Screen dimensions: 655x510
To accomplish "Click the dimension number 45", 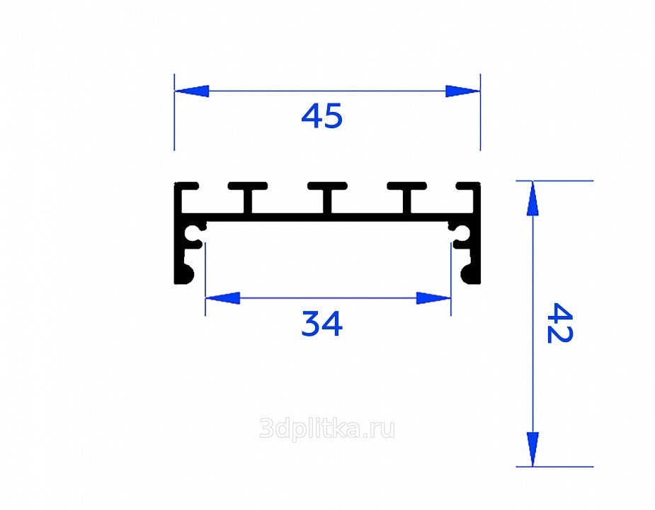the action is tap(321, 115).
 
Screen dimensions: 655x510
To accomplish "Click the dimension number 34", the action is tap(321, 324).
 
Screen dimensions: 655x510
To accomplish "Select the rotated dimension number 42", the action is tap(559, 323).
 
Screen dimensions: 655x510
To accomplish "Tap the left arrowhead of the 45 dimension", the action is tap(191, 91).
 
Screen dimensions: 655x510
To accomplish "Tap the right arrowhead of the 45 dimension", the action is tap(463, 91).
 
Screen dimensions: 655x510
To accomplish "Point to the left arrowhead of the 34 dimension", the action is tap(222, 298).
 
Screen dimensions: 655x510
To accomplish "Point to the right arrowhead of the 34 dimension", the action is tap(433, 298).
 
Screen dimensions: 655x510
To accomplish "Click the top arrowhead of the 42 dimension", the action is tap(532, 198).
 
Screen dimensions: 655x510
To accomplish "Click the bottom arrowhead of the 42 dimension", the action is tap(532, 449).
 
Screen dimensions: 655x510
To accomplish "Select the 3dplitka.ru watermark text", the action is tap(326, 429).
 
